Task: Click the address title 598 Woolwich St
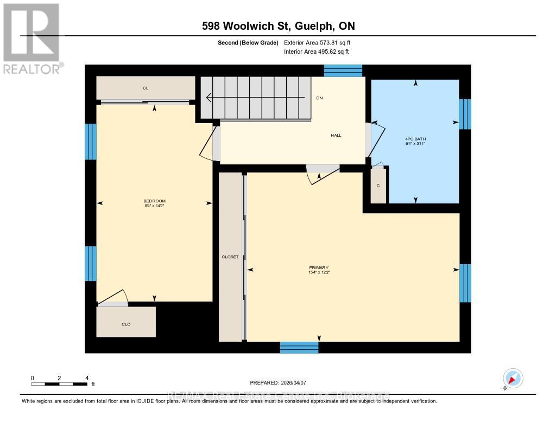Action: click(x=278, y=26)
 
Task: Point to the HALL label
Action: click(x=336, y=135)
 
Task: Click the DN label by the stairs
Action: click(x=320, y=98)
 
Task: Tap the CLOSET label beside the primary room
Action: click(x=230, y=257)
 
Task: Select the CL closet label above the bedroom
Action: click(x=146, y=87)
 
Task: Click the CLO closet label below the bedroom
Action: click(x=126, y=324)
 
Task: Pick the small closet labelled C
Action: click(x=378, y=185)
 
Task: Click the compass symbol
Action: click(x=513, y=378)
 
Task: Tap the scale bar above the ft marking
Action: click(x=59, y=384)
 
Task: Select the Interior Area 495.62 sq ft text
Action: click(x=317, y=52)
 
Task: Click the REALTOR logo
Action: click(x=31, y=38)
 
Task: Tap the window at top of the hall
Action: click(x=343, y=71)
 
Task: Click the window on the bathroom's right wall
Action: click(x=465, y=114)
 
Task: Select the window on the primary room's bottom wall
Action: click(x=299, y=348)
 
